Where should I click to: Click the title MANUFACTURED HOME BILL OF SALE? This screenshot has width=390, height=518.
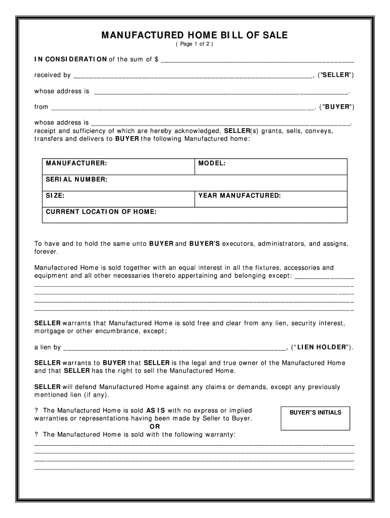pos(194,35)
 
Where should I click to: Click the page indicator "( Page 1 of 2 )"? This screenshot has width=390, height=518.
pos(194,45)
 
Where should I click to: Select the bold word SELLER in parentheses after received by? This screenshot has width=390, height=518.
pos(336,75)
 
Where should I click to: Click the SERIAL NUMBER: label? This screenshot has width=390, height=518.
pos(76,180)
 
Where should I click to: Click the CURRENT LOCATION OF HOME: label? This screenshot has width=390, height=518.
pos(101,212)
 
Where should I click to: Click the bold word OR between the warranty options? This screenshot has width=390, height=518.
pos(155,426)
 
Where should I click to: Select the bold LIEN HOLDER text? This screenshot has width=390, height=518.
pos(322,348)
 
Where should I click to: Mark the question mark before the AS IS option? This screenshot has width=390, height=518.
pos(36,411)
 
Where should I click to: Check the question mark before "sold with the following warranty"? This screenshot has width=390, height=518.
pos(36,435)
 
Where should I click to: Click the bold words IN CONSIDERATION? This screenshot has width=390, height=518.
pos(70,60)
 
